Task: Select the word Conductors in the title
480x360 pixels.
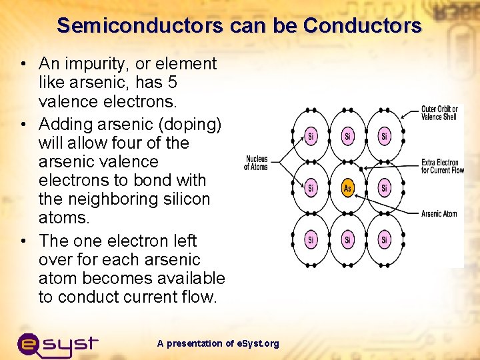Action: [363, 26]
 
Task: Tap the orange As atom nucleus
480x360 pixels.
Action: [347, 188]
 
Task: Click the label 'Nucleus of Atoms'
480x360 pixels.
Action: [256, 163]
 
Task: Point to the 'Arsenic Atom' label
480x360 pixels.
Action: [439, 214]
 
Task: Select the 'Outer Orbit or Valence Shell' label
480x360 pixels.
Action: [439, 113]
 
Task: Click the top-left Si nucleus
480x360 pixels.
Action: [311, 137]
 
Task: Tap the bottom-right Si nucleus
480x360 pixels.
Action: [385, 239]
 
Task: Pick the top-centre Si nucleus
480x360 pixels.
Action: [347, 137]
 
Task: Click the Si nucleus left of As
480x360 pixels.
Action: [311, 188]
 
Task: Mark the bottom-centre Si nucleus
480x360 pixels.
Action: [347, 239]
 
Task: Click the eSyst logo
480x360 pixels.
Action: [57, 344]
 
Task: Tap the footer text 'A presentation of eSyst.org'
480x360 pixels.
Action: [218, 343]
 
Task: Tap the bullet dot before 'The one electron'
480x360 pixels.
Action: [23, 241]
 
